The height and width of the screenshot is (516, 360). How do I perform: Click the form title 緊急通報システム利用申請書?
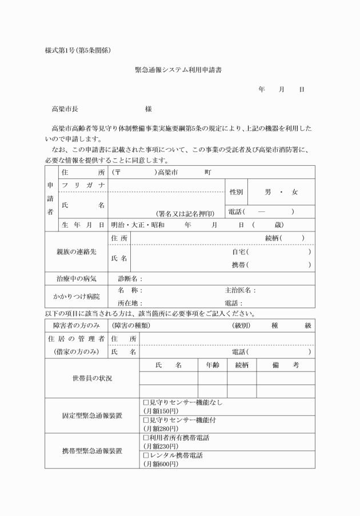click(x=178, y=70)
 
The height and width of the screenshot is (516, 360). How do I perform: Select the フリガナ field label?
click(x=83, y=185)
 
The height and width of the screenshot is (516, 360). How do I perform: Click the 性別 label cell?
click(x=236, y=192)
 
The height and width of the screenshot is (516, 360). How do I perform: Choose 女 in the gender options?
click(x=294, y=192)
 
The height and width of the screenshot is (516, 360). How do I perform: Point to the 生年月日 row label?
click(x=83, y=225)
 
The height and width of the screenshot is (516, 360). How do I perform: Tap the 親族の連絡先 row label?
click(x=76, y=251)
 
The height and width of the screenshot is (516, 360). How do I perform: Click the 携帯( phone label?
click(x=240, y=265)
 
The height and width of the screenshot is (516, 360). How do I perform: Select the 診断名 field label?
click(x=130, y=279)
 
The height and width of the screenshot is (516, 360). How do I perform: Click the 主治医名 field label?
click(x=241, y=290)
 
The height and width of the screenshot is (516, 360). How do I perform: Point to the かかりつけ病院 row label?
click(x=76, y=296)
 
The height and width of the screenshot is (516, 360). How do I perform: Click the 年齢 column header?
click(x=212, y=364)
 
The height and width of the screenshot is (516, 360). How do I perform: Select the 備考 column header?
click(x=285, y=364)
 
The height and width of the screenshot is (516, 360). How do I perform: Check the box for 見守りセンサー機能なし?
click(x=146, y=402)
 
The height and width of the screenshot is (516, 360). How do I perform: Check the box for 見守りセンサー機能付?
click(x=146, y=419)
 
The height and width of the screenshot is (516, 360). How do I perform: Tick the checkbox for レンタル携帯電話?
click(x=146, y=455)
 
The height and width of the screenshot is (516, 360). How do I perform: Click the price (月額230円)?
click(x=161, y=446)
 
